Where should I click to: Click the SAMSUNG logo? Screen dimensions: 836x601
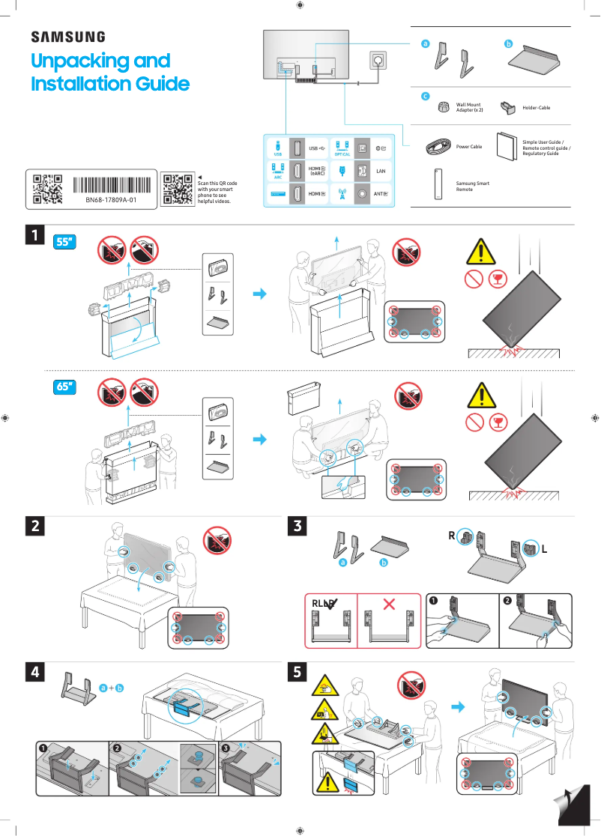click(67, 37)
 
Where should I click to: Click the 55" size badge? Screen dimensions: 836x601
click(66, 242)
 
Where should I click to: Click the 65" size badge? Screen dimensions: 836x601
click(66, 387)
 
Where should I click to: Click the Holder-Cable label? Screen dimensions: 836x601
click(536, 108)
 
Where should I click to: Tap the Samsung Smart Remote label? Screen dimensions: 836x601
click(472, 186)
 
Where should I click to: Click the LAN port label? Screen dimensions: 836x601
click(380, 172)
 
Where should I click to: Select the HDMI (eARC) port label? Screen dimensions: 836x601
click(317, 172)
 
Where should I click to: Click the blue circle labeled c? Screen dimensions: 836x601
click(425, 97)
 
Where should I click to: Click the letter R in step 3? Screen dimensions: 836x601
click(453, 536)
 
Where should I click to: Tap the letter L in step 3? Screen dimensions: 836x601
click(544, 549)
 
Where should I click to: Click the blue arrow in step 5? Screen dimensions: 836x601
click(457, 706)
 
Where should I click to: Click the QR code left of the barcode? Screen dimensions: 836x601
click(47, 190)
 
